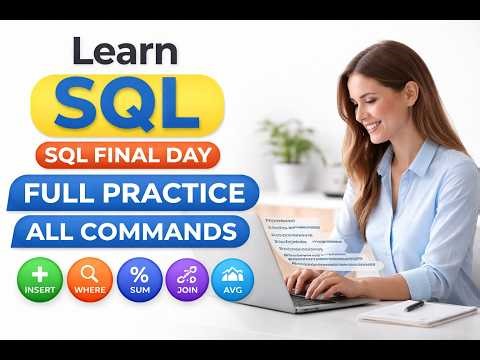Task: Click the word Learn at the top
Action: click(x=124, y=51)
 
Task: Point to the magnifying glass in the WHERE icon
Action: click(x=89, y=273)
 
